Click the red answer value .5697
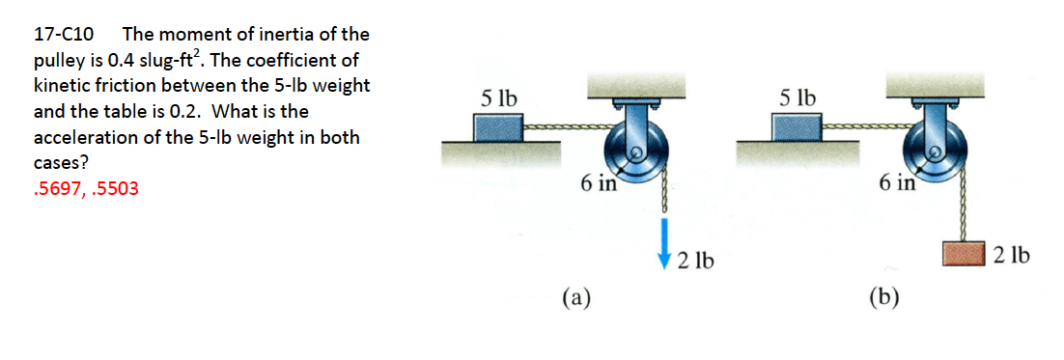57,189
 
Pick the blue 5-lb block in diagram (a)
498,127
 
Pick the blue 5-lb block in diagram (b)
797,127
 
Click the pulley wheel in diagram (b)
934,152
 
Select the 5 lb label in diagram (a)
498,97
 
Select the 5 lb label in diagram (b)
797,97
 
